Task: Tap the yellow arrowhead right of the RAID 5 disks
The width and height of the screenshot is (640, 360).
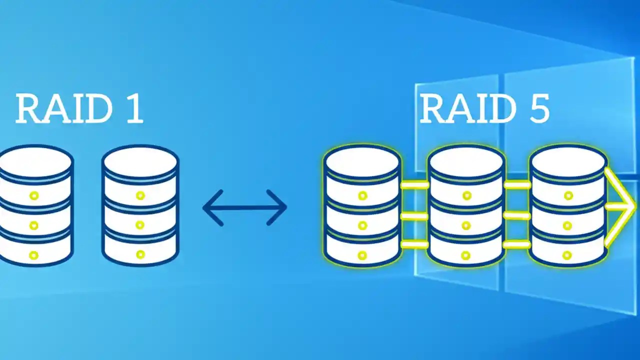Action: [x=622, y=206]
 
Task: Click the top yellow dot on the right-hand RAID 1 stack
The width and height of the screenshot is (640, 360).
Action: [x=140, y=195]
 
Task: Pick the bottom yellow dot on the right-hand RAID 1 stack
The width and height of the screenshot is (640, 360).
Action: [x=140, y=254]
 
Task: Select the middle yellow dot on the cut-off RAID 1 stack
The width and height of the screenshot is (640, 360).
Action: [x=34, y=224]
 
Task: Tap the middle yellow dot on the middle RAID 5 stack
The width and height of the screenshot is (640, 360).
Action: [x=466, y=225]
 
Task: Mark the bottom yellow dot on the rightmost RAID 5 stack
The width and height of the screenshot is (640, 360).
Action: [x=567, y=255]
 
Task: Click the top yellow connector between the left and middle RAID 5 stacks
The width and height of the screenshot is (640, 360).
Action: [x=414, y=185]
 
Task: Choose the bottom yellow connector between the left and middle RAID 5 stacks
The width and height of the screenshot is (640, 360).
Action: [x=414, y=244]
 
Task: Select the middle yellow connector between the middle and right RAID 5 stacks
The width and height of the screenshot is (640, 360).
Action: [x=517, y=215]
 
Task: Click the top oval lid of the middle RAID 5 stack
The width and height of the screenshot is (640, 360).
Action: [x=466, y=161]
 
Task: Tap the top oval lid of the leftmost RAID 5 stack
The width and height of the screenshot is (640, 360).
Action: [x=362, y=161]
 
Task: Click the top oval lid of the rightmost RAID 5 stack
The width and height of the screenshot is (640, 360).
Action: [x=568, y=161]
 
